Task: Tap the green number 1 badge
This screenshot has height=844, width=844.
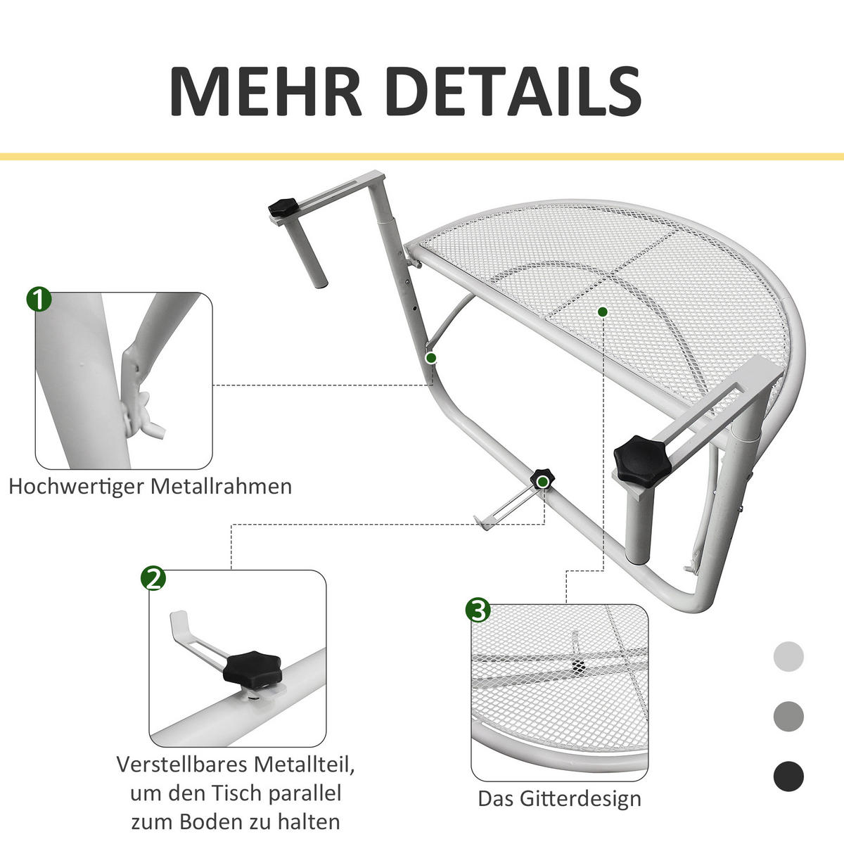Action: pyautogui.click(x=39, y=299)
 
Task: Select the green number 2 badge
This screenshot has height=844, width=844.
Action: pyautogui.click(x=153, y=578)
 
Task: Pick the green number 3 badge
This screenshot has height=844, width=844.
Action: pyautogui.click(x=478, y=610)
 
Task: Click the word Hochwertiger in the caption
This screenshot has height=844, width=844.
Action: pyautogui.click(x=78, y=486)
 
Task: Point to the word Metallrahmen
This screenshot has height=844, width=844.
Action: pyautogui.click(x=222, y=486)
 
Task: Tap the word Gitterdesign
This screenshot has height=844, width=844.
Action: pyautogui.click(x=581, y=799)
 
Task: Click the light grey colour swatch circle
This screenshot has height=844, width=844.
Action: pyautogui.click(x=788, y=656)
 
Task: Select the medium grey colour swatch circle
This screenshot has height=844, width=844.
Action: pyautogui.click(x=788, y=717)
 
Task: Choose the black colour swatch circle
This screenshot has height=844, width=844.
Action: pyautogui.click(x=788, y=777)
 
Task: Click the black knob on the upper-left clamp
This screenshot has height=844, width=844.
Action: pyautogui.click(x=283, y=208)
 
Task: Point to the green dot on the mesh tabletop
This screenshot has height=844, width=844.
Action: pyautogui.click(x=602, y=311)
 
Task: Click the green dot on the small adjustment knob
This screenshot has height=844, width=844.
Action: pyautogui.click(x=542, y=481)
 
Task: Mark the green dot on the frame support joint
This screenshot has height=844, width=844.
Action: pyautogui.click(x=431, y=358)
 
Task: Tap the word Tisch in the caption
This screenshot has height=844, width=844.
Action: pyautogui.click(x=240, y=793)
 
